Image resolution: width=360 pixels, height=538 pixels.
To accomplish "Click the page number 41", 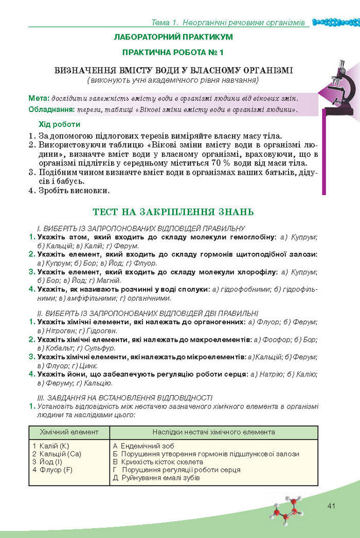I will coord(331,506).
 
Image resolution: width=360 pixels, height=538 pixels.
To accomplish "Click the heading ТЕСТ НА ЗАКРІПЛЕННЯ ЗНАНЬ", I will coord(173,212).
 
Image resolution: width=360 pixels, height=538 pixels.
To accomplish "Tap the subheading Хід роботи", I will coord(60,124).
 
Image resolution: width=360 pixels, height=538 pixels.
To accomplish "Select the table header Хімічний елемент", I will coord(69,432).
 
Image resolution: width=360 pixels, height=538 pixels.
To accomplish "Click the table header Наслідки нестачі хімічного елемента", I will coord(213,432).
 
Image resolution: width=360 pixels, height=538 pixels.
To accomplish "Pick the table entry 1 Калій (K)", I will coord(50,446).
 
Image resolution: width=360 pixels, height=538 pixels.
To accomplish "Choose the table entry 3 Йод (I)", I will coord(47,462).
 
